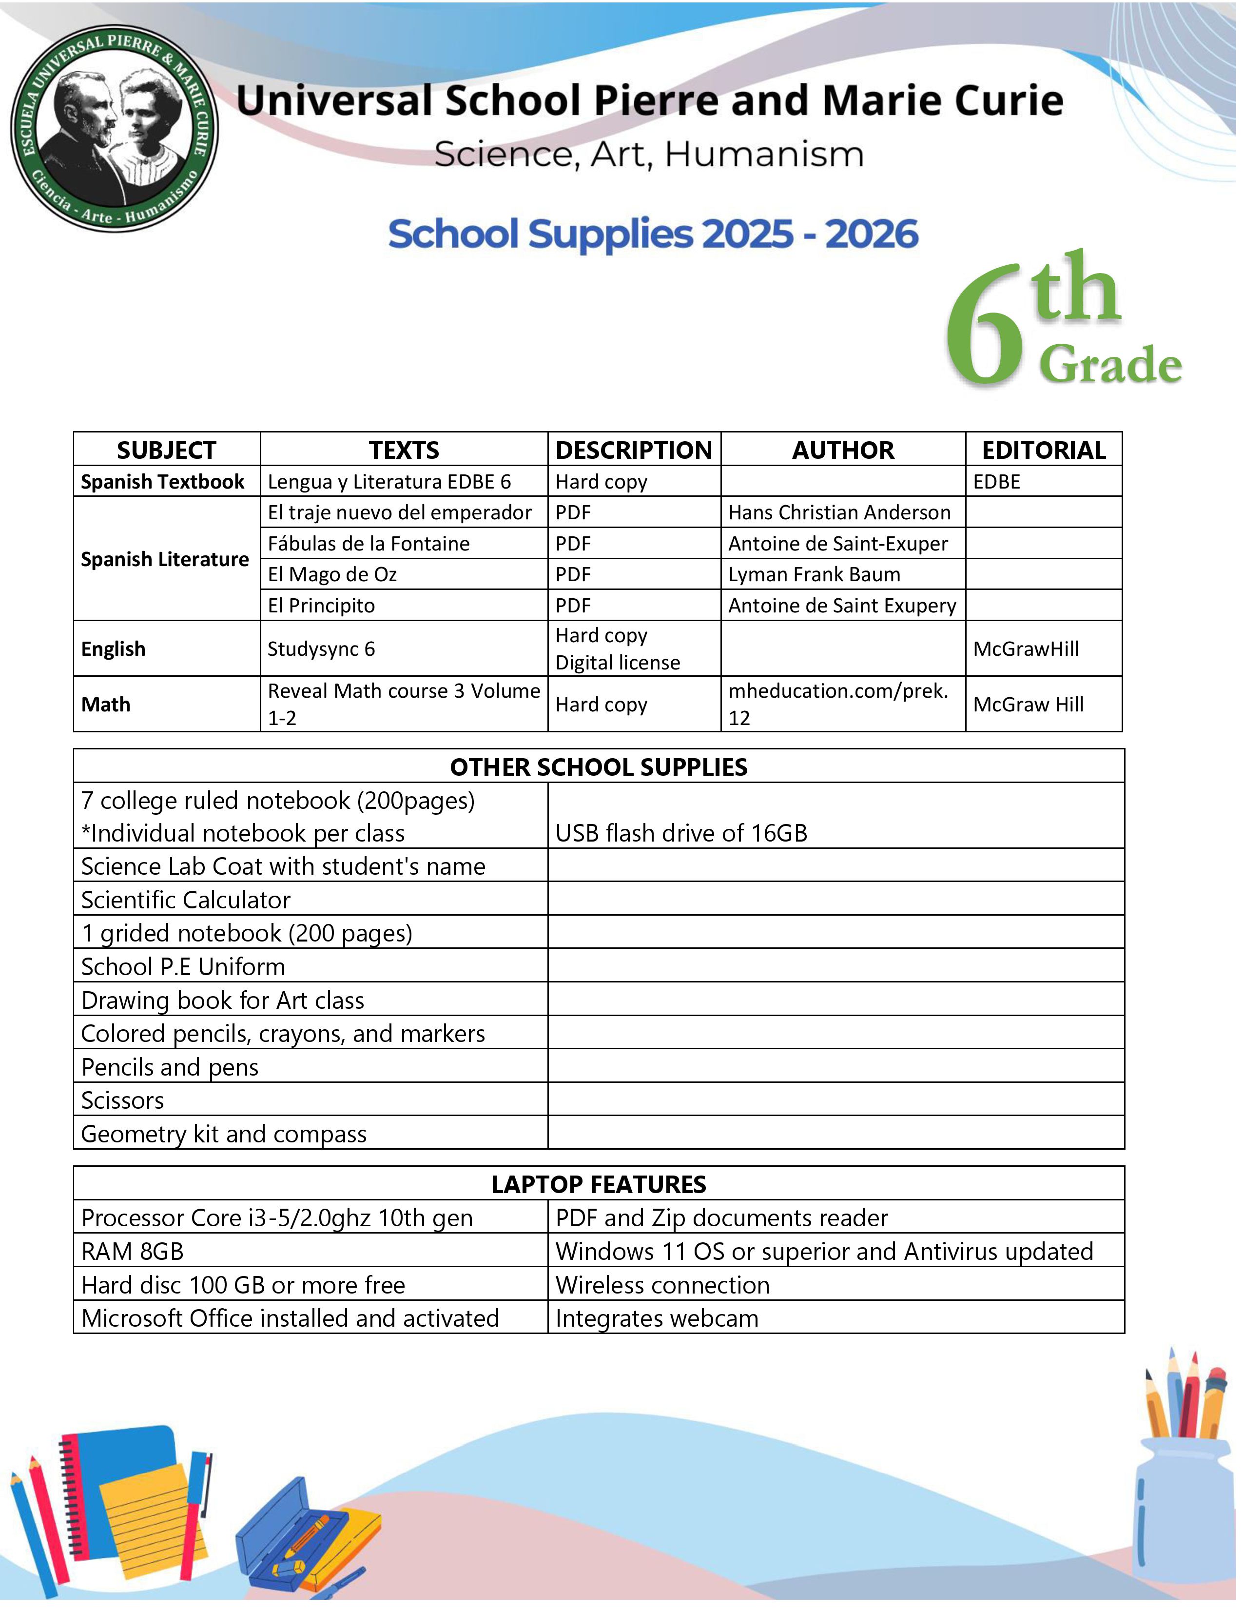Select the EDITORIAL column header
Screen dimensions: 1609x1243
click(1044, 450)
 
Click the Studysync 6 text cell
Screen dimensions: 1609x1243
click(321, 648)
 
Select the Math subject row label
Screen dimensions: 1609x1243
click(106, 705)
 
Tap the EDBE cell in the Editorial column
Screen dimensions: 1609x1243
click(996, 481)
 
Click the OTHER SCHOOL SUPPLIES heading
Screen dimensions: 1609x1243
click(599, 767)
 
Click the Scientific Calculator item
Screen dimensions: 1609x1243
click(186, 900)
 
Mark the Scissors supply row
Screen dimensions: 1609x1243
click(123, 1100)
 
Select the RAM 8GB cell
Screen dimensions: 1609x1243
click(133, 1251)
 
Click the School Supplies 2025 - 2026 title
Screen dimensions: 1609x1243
click(653, 234)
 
